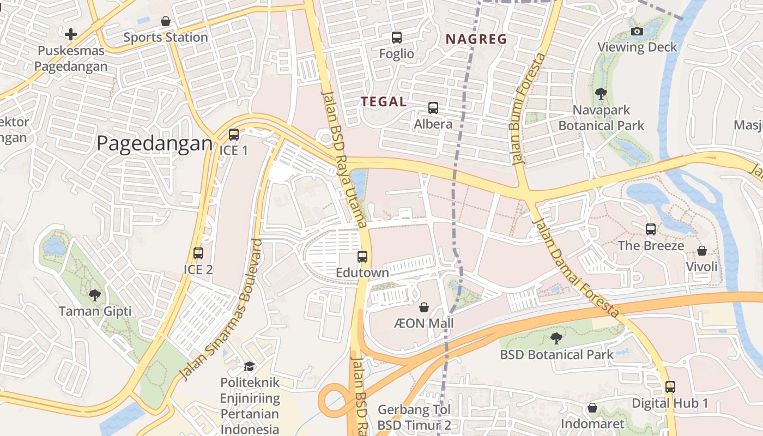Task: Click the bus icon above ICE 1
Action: [x=234, y=134]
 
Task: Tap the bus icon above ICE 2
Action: [x=198, y=253]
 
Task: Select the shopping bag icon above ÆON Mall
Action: [x=424, y=307]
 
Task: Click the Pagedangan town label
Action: [x=154, y=143]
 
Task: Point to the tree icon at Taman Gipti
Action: [x=95, y=295]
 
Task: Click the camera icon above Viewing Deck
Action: [x=637, y=31]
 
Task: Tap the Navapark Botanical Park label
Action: [x=601, y=118]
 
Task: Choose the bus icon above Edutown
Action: [x=362, y=256]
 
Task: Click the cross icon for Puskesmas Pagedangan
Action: [x=71, y=35]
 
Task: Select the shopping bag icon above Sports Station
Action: [x=166, y=21]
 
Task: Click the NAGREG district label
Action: [x=476, y=39]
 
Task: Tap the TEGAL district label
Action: [x=384, y=101]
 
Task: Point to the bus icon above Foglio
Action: [x=397, y=38]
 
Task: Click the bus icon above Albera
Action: [x=433, y=108]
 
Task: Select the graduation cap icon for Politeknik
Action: [x=250, y=366]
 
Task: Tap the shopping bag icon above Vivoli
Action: [x=702, y=251]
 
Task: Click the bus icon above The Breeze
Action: [x=651, y=229]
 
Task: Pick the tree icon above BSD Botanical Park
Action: [x=556, y=338]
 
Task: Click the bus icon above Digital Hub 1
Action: [x=670, y=387]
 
